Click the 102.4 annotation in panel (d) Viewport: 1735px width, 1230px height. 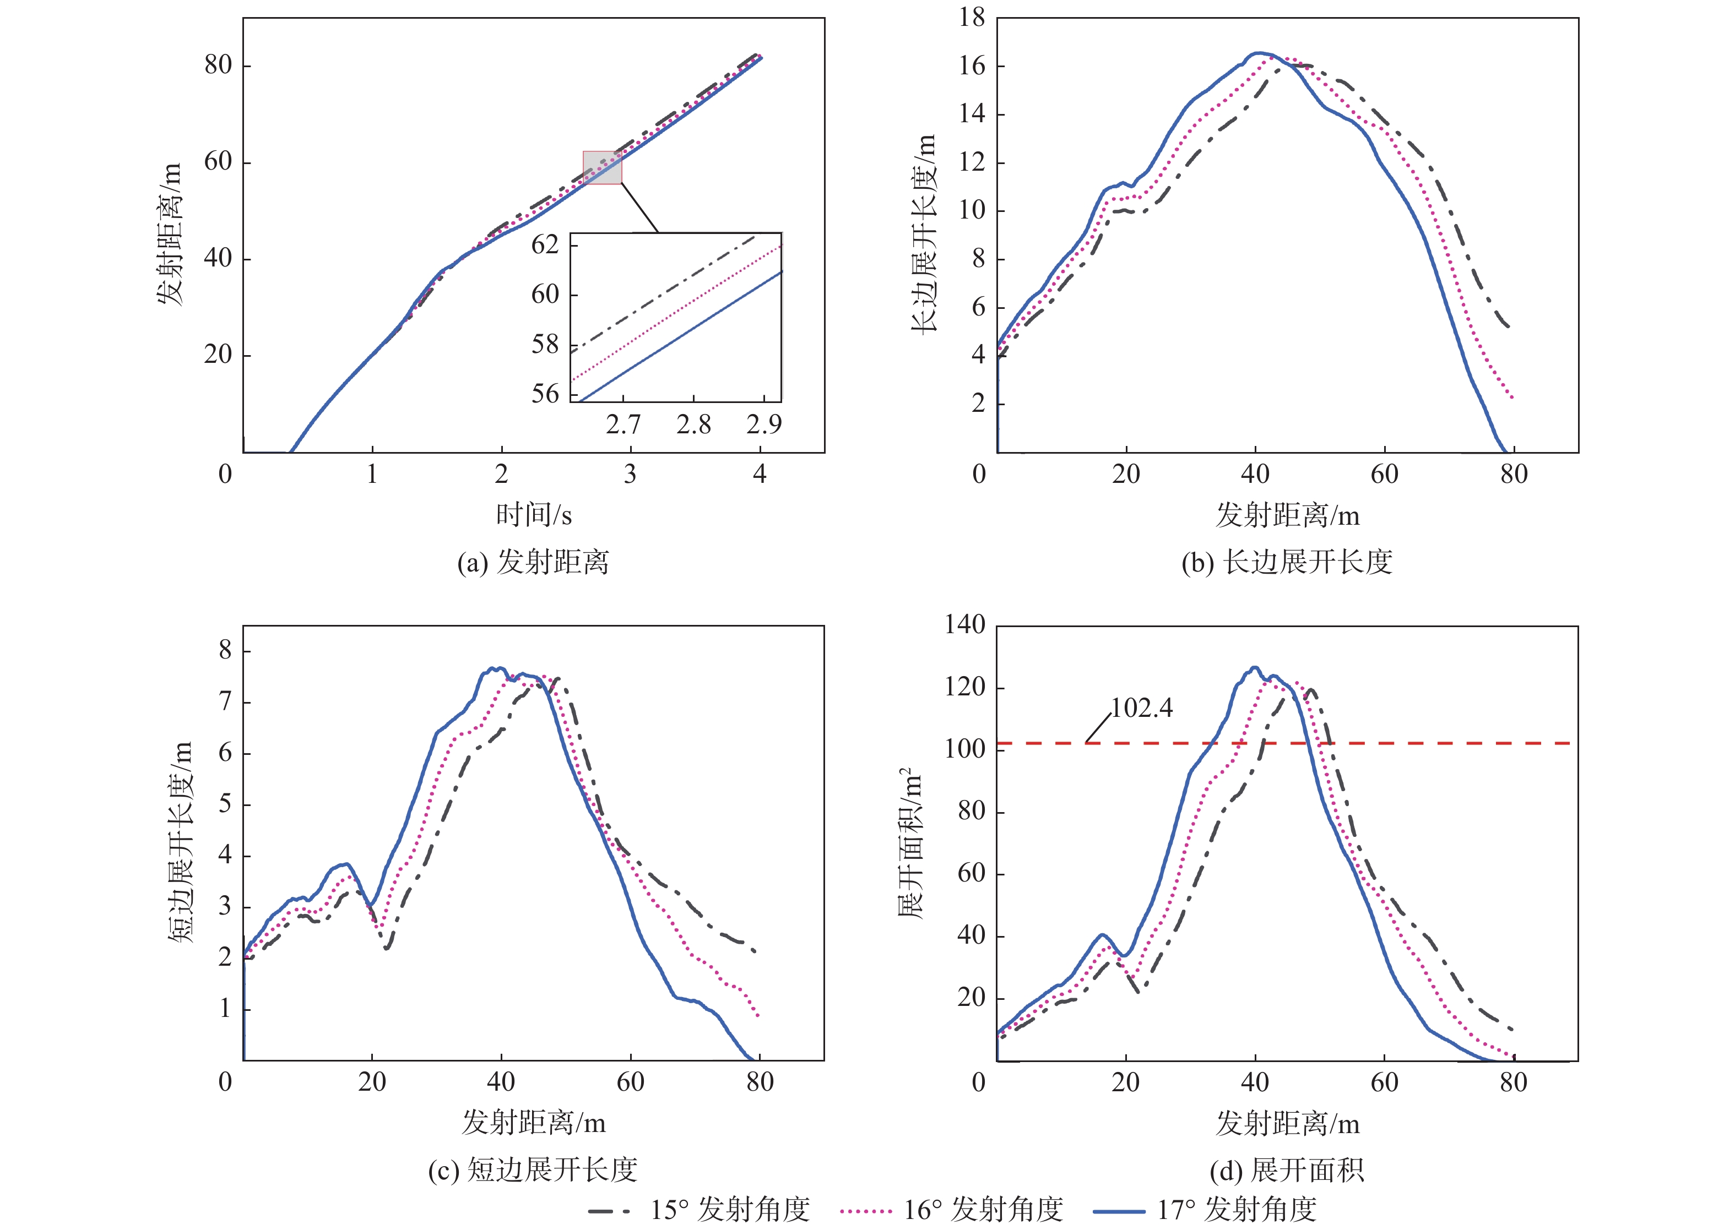1141,708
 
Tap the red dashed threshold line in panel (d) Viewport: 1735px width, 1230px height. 1440,743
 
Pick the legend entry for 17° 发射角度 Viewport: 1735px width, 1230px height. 1205,1210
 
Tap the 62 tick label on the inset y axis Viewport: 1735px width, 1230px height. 545,244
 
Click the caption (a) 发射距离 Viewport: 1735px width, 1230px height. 533,563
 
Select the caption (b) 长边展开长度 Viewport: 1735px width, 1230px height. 1287,563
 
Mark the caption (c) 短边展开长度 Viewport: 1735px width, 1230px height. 533,1170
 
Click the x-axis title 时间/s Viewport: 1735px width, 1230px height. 533,515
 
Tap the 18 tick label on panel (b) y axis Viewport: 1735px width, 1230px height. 972,18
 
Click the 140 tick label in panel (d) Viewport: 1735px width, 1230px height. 964,625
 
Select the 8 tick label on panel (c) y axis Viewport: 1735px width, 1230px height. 225,650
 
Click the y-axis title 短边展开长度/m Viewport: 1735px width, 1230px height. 180,841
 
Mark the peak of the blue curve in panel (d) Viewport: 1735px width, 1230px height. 1255,667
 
